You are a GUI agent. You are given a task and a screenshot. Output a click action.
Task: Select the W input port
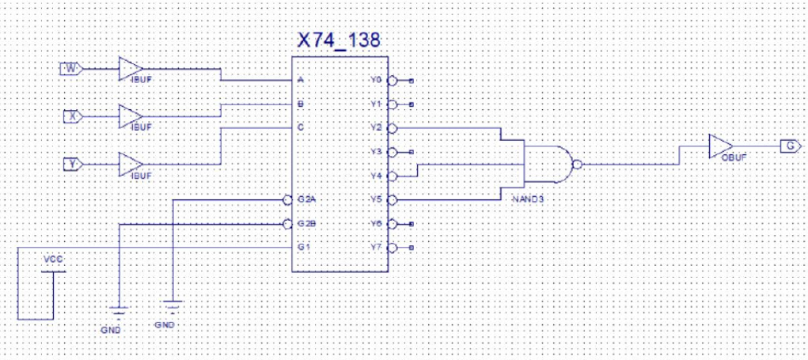tap(71, 69)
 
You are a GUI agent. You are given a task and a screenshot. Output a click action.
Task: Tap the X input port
tap(72, 116)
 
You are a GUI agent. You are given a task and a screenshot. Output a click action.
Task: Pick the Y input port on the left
tap(72, 164)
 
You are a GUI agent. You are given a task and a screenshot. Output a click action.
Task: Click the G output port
tap(788, 146)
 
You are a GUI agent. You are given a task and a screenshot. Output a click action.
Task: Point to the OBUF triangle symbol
tap(720, 146)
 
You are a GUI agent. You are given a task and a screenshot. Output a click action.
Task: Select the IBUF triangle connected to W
tap(130, 69)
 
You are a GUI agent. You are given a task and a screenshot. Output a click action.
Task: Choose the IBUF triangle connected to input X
tap(130, 116)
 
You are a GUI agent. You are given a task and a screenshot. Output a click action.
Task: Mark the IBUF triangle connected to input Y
tap(130, 164)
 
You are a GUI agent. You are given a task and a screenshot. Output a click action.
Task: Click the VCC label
tap(52, 260)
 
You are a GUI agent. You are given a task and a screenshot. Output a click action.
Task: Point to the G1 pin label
tap(303, 247)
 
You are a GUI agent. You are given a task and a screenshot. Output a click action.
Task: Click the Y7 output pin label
tap(376, 247)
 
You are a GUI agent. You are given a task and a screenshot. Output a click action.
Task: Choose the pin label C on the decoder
tap(301, 127)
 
